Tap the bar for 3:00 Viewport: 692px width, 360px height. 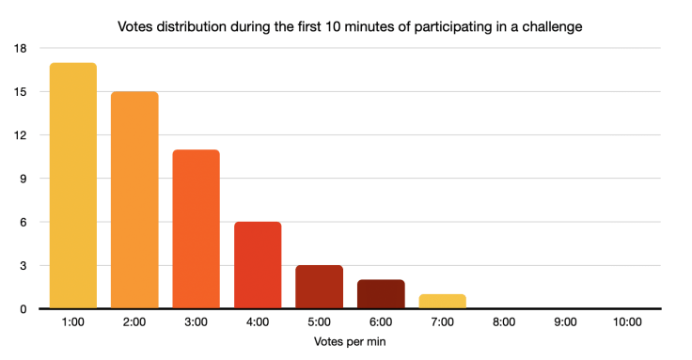196,229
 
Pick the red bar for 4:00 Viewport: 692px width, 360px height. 258,265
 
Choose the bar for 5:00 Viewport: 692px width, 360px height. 319,287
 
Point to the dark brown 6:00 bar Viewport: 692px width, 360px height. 381,294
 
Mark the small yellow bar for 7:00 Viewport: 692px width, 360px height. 442,302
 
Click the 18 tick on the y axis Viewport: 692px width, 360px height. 21,49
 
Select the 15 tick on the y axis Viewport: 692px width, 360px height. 21,92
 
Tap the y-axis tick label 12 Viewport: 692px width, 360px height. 21,135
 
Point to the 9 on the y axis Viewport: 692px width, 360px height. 24,179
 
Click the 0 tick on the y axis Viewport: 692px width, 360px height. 24,309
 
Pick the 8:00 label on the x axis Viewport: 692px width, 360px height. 504,322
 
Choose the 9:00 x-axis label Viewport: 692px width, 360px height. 565,322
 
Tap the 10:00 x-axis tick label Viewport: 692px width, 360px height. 627,322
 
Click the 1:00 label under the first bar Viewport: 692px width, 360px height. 72,322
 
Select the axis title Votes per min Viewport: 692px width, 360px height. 350,342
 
